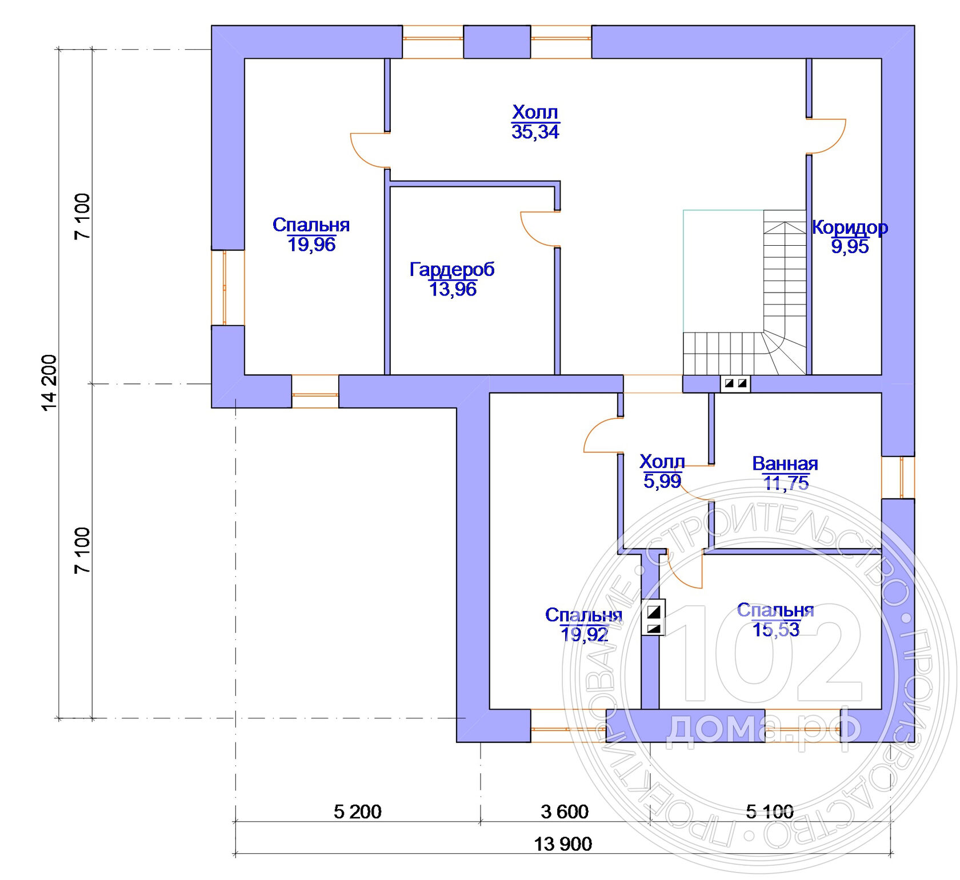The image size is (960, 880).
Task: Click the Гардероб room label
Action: click(x=452, y=269)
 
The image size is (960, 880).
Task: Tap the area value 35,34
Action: click(x=535, y=132)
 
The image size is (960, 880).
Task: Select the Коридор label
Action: click(x=850, y=227)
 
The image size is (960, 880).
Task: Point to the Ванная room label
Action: click(x=785, y=463)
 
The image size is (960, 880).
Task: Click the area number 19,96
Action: click(x=311, y=245)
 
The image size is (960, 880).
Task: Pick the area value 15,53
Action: click(x=776, y=630)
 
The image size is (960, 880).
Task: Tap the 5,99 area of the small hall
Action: click(x=662, y=481)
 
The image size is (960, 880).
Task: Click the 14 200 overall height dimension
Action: click(x=50, y=383)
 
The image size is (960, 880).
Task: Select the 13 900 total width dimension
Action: click(x=563, y=844)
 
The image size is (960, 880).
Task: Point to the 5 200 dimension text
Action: click(x=358, y=811)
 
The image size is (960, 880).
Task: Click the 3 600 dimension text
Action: click(x=565, y=811)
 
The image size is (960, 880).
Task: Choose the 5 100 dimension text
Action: click(x=770, y=811)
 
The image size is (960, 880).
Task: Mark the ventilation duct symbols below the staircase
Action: click(x=735, y=383)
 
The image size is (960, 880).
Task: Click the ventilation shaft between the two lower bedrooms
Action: click(x=654, y=618)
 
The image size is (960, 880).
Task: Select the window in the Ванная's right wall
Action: click(x=898, y=477)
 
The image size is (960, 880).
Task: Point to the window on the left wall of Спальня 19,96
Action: click(x=228, y=287)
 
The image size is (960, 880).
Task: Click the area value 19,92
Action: click(x=584, y=634)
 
